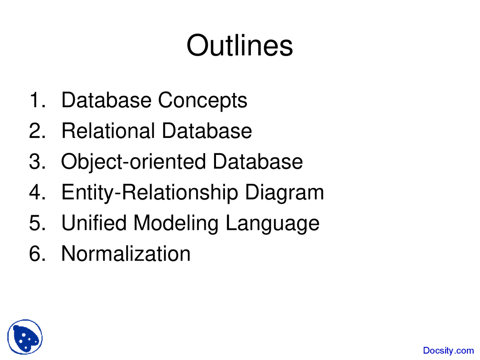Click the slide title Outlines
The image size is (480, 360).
pos(240,45)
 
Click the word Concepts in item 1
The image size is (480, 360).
pos(202,100)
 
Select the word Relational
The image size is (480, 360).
pos(108,130)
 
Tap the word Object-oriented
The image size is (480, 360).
pos(133,162)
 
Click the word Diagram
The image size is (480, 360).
pos(284,193)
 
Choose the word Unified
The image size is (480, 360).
pos(94,223)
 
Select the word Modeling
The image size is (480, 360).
pos(176,223)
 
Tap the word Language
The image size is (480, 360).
pos(273,223)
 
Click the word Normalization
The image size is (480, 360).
pos(126,253)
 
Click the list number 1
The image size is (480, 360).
pos(37,100)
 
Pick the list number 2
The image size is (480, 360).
pos(37,130)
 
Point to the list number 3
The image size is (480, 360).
pos(37,161)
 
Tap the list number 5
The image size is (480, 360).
pos(37,223)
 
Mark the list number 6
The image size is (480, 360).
pos(37,253)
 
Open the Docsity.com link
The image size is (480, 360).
pos(448,351)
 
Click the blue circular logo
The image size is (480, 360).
pos(25,337)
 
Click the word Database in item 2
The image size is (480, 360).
pos(207,130)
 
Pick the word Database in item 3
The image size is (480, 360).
pos(258,161)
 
